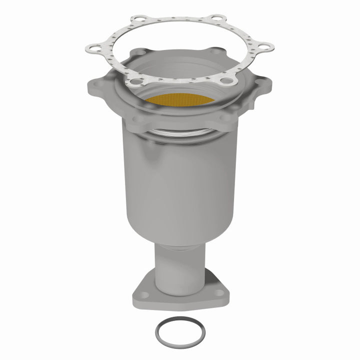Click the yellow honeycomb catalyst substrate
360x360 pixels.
pos(180,99)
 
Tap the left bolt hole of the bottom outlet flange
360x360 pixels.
pos(142,294)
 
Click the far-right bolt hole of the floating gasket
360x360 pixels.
pos(266,47)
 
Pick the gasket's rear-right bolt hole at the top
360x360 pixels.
pos(216,19)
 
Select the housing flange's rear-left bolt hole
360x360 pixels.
pos(140,52)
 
